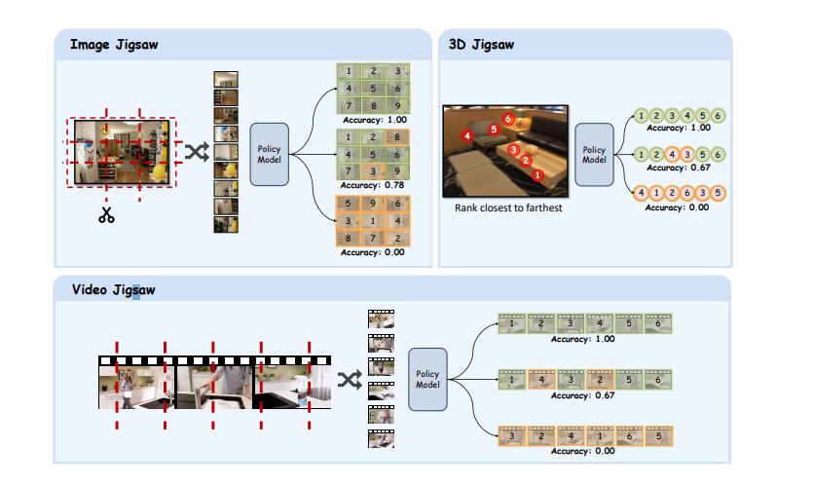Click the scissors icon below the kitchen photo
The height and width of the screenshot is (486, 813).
coord(106,215)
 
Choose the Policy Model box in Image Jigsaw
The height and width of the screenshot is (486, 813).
coord(269,154)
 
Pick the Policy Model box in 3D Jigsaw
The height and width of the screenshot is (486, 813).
coord(593,155)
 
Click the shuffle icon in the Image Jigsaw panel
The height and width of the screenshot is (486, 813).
coord(196,152)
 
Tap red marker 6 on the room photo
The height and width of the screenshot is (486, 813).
coord(508,119)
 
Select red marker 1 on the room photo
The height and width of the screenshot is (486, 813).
coord(536,175)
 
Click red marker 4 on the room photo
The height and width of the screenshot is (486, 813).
coord(468,136)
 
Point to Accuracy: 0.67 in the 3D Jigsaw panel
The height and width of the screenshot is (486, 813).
coord(680,167)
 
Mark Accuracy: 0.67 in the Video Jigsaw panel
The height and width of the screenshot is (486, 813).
coord(584,395)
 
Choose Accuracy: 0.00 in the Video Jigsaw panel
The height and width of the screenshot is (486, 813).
coord(584,451)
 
